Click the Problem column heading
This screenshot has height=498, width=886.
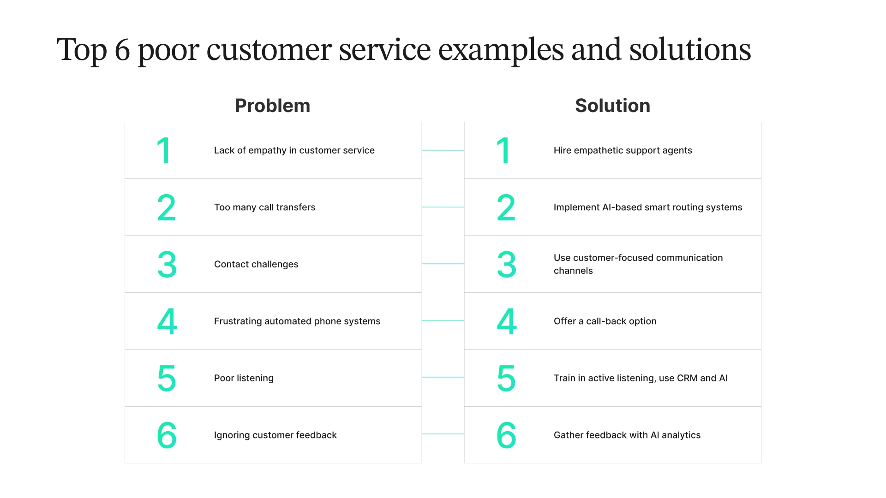[272, 106]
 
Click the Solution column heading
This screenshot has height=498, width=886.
[612, 106]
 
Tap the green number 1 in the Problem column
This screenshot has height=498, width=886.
[164, 151]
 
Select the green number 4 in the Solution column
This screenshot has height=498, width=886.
[506, 321]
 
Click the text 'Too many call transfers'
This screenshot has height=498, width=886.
[264, 207]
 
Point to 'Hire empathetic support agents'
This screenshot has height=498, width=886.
[623, 150]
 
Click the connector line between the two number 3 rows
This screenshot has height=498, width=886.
[443, 264]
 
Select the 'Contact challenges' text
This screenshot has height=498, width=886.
[256, 264]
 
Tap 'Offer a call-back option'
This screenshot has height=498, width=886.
[605, 321]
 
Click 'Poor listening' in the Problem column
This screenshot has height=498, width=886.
[244, 378]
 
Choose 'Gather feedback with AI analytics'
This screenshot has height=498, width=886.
[627, 435]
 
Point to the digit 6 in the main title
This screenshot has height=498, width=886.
[122, 50]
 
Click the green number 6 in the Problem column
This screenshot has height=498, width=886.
[167, 435]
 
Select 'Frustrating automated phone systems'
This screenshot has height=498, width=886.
[297, 321]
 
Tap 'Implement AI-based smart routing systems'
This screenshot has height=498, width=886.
[647, 207]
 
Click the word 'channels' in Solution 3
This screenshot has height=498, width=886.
[573, 271]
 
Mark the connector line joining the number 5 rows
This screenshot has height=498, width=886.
[443, 377]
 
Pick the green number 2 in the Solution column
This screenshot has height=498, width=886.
[506, 208]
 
